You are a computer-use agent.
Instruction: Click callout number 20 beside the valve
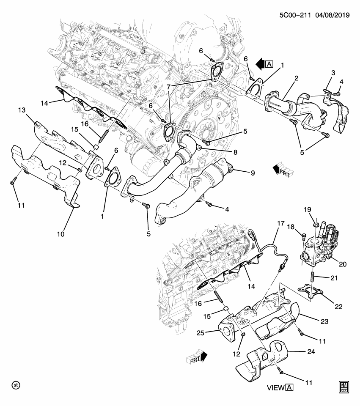click(x=343, y=264)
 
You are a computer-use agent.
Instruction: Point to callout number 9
click(x=252, y=173)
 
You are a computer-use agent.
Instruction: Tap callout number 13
click(x=22, y=110)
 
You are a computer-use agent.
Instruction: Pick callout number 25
click(x=201, y=333)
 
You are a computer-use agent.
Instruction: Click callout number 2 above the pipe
click(x=297, y=78)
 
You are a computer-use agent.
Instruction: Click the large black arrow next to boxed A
click(x=260, y=64)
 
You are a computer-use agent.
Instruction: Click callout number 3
click(x=333, y=73)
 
